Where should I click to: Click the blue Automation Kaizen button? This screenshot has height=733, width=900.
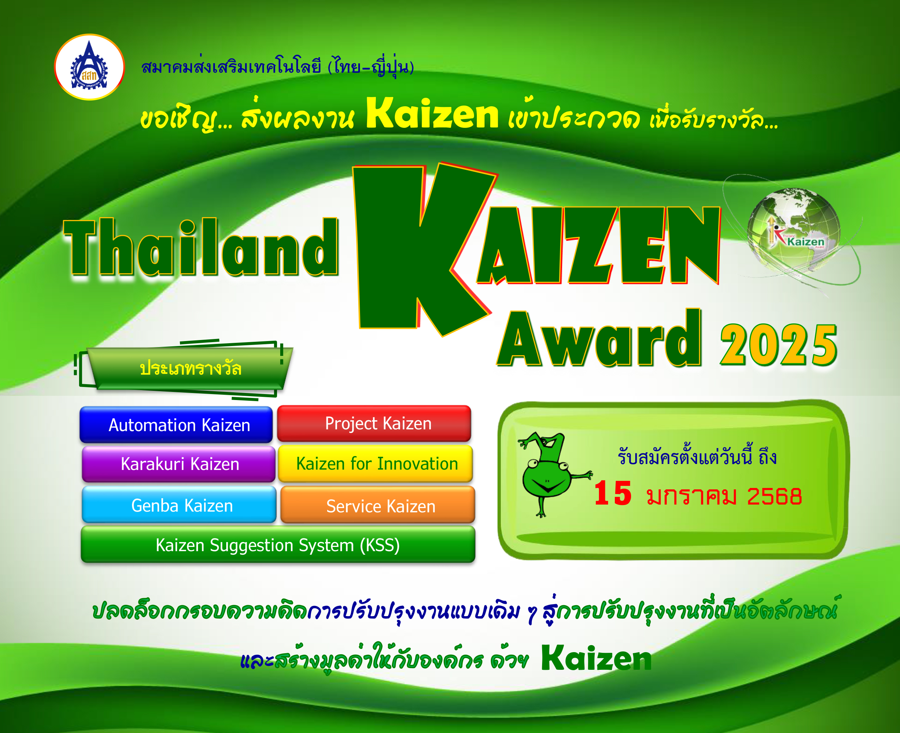176,424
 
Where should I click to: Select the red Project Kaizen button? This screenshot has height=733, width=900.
374,423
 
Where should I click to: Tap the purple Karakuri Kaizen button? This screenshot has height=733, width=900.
179,464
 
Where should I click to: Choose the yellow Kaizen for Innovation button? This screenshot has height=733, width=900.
375,463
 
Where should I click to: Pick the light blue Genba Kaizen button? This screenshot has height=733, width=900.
179,505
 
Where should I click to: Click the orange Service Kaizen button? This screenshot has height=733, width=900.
378,505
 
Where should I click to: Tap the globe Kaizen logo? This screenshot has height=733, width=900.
794,230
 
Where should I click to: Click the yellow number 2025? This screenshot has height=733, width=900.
779,345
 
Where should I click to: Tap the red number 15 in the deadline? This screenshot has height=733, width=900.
612,493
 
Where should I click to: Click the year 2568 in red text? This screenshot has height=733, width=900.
774,496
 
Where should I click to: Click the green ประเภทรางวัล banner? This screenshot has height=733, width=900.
190,369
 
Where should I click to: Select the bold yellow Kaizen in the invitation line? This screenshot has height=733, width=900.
432,113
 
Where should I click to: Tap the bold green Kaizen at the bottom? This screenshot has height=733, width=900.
596,658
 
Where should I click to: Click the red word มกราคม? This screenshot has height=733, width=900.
691,496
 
